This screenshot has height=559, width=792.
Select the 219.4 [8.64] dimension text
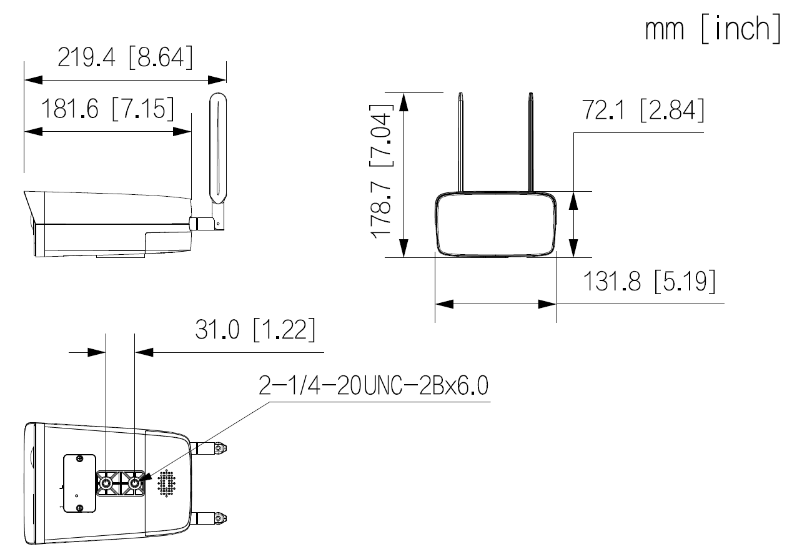(125, 58)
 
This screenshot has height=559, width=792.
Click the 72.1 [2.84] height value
(643, 111)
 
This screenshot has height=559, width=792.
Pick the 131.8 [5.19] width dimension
(650, 282)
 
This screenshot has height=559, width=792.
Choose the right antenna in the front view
(531, 144)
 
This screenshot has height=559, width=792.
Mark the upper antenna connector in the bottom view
(212, 448)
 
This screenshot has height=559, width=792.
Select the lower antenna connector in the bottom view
(212, 518)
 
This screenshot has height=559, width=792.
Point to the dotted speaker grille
(167, 484)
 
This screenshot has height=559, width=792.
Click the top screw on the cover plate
(79, 459)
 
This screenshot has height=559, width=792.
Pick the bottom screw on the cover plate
(79, 508)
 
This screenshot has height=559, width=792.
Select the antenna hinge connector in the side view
(202, 222)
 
